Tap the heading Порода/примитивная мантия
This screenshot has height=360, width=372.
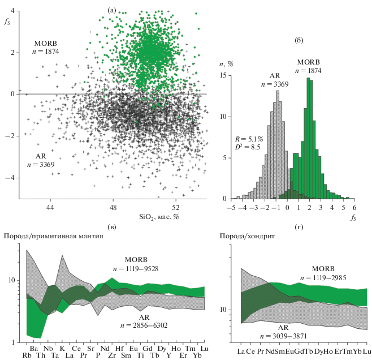(x=54, y=235)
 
